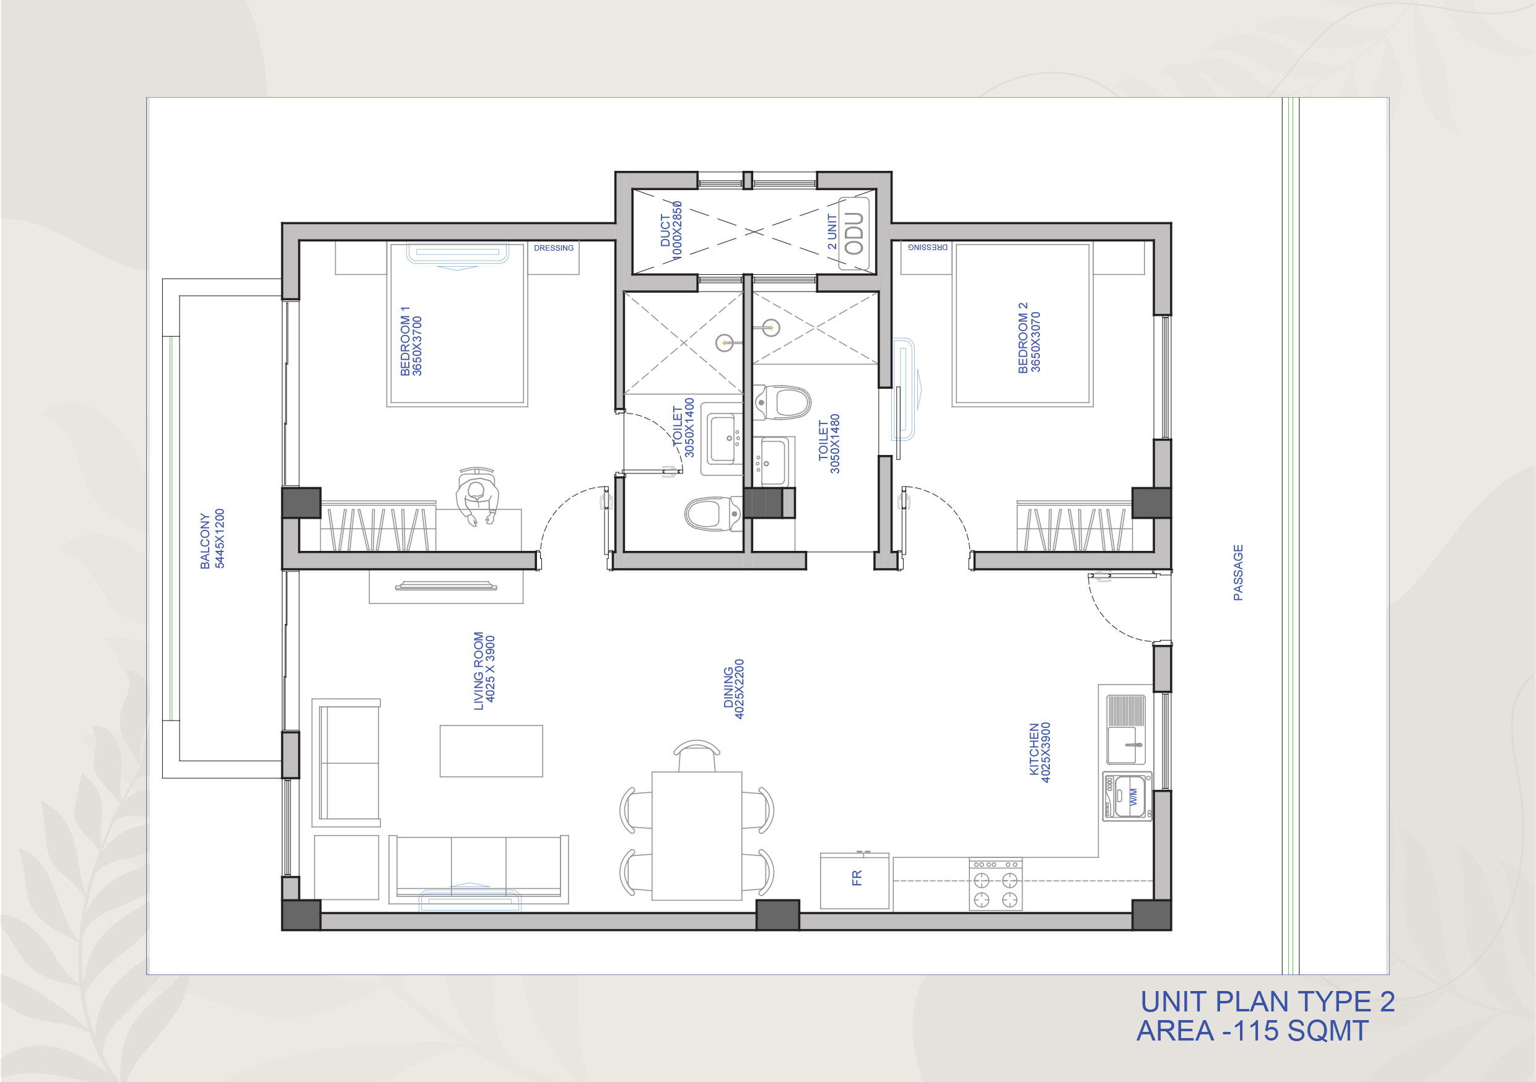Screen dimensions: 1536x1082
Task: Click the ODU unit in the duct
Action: (854, 233)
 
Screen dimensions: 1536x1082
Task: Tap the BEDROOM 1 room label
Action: (411, 341)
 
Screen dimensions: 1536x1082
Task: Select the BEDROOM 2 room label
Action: (1029, 338)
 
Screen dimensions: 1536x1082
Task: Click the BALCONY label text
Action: (212, 539)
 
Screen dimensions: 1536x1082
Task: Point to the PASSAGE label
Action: (1238, 573)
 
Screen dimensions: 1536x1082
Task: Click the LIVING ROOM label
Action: (484, 671)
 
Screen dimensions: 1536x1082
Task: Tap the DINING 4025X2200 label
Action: (734, 690)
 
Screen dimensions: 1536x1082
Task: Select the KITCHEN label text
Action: (1040, 752)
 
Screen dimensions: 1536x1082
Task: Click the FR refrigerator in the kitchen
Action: (855, 880)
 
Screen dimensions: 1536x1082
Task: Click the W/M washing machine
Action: (1127, 797)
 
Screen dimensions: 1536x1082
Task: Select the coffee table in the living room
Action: (491, 751)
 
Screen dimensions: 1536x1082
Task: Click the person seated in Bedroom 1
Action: (477, 496)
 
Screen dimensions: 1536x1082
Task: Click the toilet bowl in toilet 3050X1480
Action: (783, 402)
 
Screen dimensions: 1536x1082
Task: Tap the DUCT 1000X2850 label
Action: (671, 231)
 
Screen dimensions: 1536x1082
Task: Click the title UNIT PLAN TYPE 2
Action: (1268, 1001)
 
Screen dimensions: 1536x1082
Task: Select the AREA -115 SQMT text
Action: (1252, 1031)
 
